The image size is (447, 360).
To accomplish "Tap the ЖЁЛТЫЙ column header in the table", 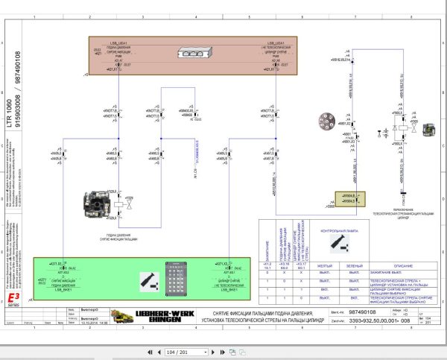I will (326, 265).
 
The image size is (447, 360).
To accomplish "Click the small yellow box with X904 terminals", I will (345, 198).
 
